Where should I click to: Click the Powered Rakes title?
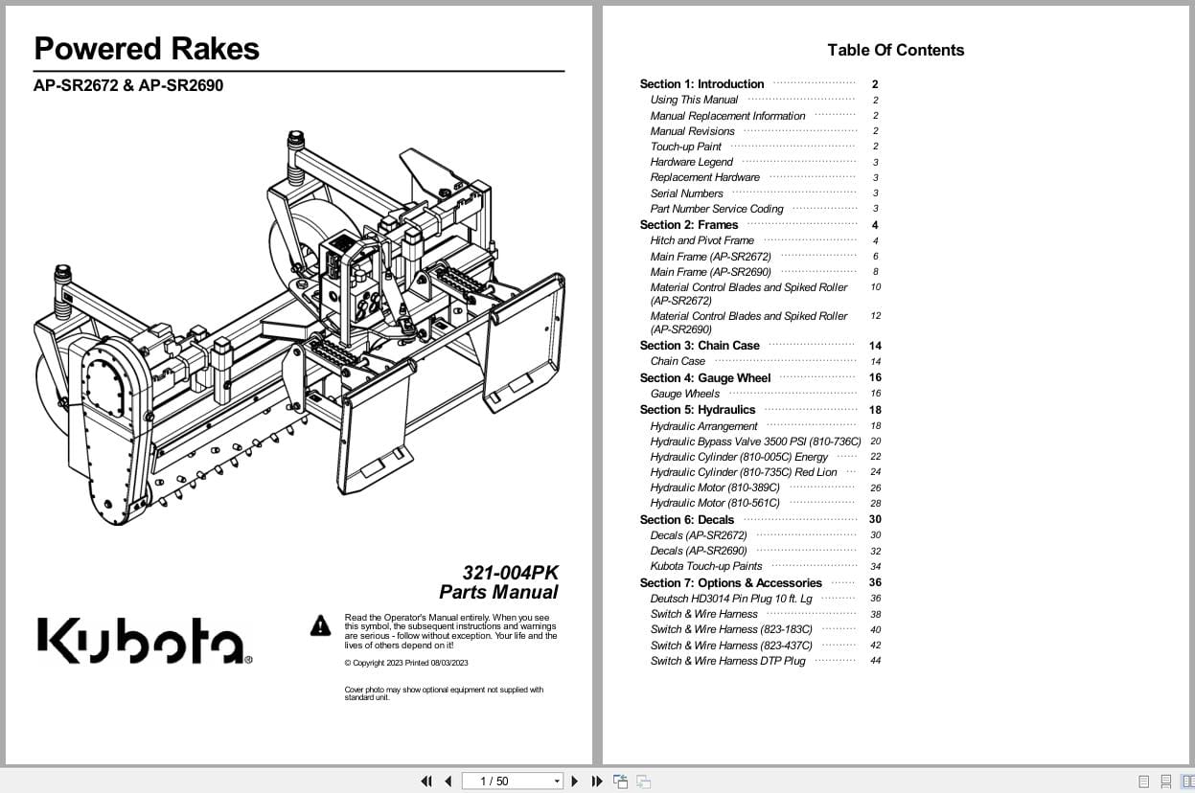(147, 49)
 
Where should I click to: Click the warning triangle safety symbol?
(320, 626)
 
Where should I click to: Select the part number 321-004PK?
(510, 573)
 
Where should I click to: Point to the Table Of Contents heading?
(895, 51)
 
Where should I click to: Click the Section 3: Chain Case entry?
(700, 346)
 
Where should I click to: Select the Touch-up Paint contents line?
(685, 147)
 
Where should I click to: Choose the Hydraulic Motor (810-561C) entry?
(714, 503)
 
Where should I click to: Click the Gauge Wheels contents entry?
(684, 394)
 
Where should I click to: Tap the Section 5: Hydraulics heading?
(697, 410)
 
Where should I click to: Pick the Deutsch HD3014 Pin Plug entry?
(730, 599)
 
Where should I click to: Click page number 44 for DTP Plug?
(875, 661)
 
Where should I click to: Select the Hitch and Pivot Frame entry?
(701, 240)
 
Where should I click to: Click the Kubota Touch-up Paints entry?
(705, 566)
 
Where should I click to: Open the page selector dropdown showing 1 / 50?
(513, 782)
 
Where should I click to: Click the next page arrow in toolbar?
(575, 782)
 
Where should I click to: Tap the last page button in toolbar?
(597, 782)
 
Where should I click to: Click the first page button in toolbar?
(426, 782)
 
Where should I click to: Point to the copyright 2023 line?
(406, 663)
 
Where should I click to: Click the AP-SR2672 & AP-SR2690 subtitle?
(128, 85)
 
